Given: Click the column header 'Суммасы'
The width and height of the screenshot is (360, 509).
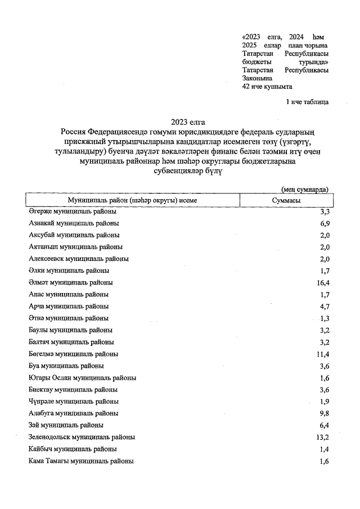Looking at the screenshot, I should (285, 200).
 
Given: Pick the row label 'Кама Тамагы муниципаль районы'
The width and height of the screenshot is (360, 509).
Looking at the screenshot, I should (81, 461).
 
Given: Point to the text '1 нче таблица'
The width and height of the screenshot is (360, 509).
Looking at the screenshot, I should (307, 102).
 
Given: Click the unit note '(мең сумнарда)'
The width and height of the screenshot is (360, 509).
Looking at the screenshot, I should (305, 190).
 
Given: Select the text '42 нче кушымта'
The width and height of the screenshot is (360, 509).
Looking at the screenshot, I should (267, 87).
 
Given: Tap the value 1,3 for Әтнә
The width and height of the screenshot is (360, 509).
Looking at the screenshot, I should (324, 318).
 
